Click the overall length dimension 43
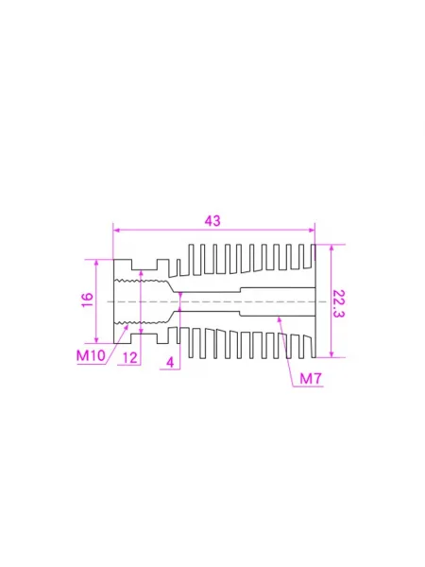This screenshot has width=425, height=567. (212, 221)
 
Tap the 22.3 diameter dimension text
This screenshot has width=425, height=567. (338, 303)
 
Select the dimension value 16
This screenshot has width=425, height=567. (88, 301)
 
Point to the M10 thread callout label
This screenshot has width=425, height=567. (91, 355)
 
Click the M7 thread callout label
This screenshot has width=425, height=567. (311, 379)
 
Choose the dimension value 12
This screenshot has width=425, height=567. (130, 358)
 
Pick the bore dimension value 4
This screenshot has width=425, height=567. (170, 362)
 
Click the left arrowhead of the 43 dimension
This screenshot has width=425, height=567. (116, 230)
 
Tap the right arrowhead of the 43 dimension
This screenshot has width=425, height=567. (312, 230)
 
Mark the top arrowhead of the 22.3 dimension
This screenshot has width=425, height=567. (331, 248)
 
